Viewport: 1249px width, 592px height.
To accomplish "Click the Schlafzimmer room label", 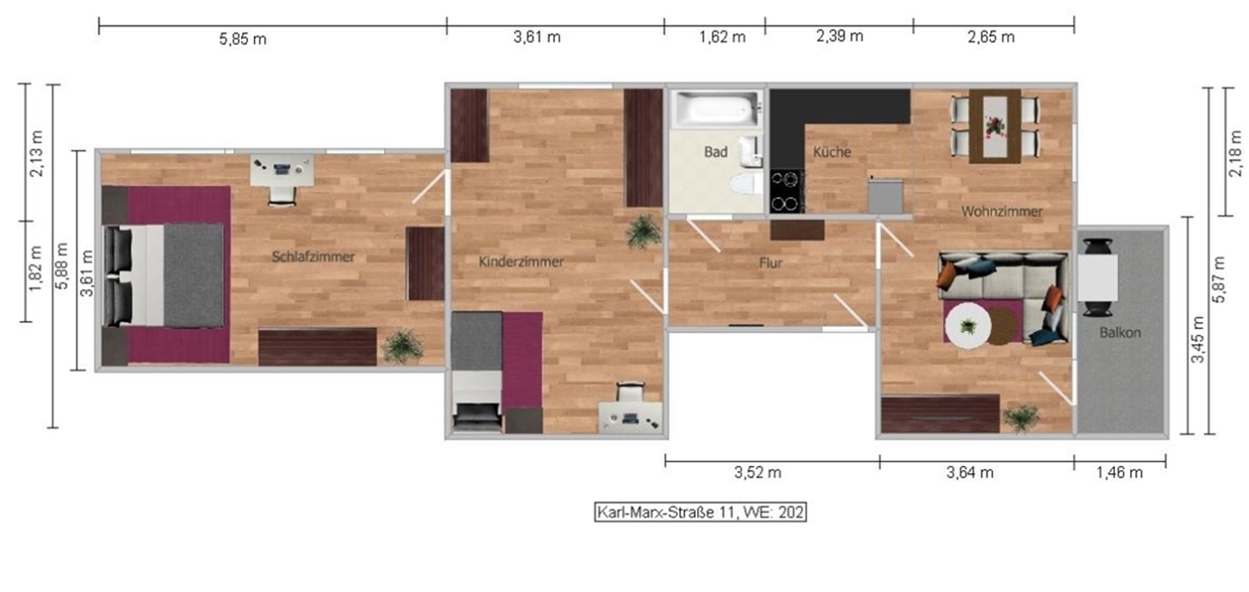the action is tap(313, 257).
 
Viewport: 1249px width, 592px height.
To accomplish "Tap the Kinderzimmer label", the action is tap(521, 261).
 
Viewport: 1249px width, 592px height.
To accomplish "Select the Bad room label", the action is tap(716, 152).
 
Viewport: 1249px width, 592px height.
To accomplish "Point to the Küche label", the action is tap(832, 152).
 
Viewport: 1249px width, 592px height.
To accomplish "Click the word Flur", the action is tap(770, 263).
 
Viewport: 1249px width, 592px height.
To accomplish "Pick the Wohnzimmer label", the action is tap(1002, 212).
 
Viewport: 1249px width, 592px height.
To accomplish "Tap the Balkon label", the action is tap(1120, 333).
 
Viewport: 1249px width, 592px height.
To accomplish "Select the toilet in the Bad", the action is tap(745, 186).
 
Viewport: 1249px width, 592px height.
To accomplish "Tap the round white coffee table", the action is tap(968, 325).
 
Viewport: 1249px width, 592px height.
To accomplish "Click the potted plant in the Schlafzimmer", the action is tap(402, 346).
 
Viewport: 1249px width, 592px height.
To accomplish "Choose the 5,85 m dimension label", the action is tap(242, 39).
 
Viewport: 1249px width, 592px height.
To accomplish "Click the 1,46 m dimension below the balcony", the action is tap(1119, 473).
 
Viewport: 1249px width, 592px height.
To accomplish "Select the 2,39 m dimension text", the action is tap(840, 36).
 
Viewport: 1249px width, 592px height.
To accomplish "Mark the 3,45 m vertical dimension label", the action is tap(1198, 340).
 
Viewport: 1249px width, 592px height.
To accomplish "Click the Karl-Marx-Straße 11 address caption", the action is tap(700, 513).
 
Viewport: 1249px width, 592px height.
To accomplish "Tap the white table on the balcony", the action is tap(1097, 278).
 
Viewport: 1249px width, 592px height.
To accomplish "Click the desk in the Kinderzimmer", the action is tap(630, 417).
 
